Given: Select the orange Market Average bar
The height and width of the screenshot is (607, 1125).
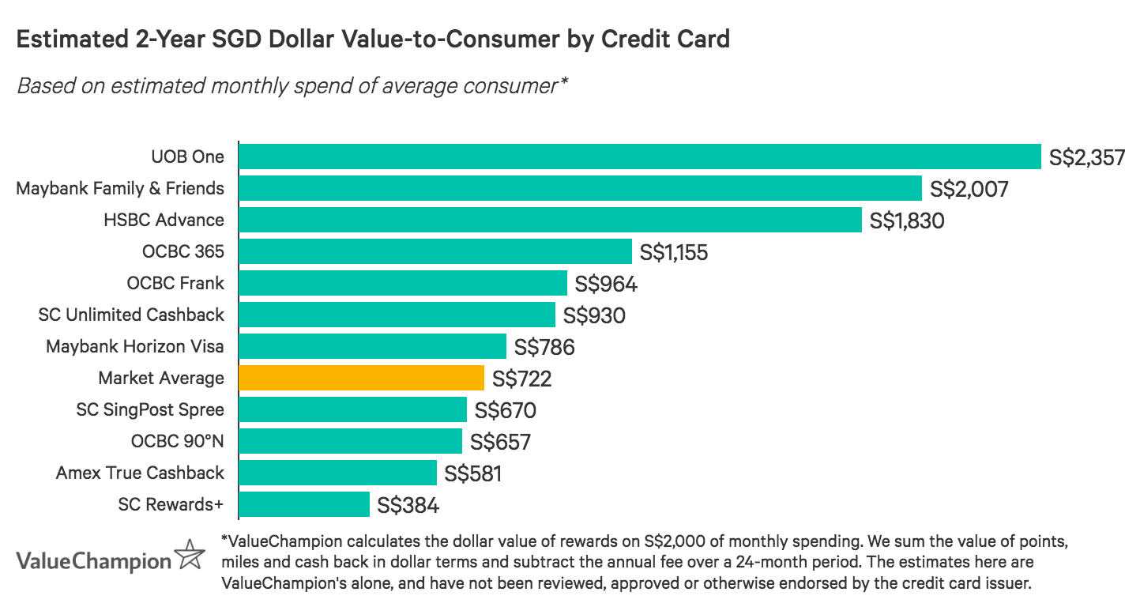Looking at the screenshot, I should pyautogui.click(x=361, y=378).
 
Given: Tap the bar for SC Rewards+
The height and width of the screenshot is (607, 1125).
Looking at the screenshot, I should pyautogui.click(x=303, y=504).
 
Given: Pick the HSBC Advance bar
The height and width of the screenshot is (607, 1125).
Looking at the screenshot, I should pyautogui.click(x=550, y=220).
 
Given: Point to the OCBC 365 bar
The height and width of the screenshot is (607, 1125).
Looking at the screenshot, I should pyautogui.click(x=435, y=251).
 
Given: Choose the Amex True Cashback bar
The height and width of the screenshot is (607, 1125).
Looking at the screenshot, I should pyautogui.click(x=337, y=473).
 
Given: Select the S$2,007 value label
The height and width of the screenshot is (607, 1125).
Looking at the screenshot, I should pyautogui.click(x=969, y=189).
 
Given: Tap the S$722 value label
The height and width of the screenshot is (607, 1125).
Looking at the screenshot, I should pyautogui.click(x=521, y=379).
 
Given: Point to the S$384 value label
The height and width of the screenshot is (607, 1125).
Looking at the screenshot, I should pyautogui.click(x=408, y=505).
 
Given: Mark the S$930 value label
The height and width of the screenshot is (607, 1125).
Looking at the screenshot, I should pyautogui.click(x=594, y=315).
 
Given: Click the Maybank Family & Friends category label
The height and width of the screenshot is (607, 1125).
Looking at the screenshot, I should pyautogui.click(x=120, y=188).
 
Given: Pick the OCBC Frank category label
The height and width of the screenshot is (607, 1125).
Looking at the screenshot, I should pyautogui.click(x=175, y=283).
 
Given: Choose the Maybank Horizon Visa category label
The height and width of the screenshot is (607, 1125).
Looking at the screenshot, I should pyautogui.click(x=135, y=346).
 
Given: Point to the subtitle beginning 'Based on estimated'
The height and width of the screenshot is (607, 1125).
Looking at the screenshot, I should pyautogui.click(x=293, y=85).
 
